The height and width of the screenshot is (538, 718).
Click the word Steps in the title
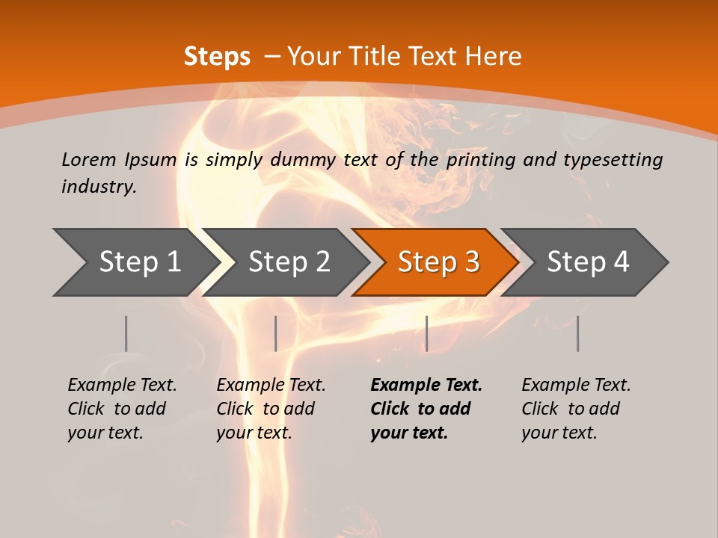point(217,57)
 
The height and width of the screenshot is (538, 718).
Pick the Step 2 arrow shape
point(289,262)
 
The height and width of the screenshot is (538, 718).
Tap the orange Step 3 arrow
point(438,262)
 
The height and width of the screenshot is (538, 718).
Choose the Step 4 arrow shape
point(588,262)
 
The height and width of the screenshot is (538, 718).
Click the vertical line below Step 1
point(126,333)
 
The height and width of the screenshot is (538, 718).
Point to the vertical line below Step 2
point(276,333)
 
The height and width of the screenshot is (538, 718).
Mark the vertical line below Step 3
point(426,333)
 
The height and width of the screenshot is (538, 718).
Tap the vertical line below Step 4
point(577,333)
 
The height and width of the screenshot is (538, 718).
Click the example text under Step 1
point(122,409)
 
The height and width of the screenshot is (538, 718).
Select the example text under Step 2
point(271,409)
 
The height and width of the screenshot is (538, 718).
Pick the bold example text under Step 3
point(426,409)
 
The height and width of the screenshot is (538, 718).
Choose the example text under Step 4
point(576,409)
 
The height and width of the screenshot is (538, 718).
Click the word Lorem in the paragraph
point(89,160)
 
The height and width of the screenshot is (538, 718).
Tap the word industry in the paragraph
point(99,187)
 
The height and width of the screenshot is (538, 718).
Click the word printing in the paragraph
point(479,160)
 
